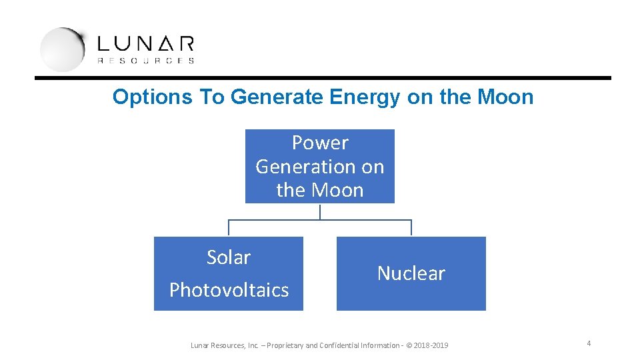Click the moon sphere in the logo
62,49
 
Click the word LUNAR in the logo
146,44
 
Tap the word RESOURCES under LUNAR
146,61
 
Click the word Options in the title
153,97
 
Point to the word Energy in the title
365,97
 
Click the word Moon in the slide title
505,97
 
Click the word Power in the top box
320,143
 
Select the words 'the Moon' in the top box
320,190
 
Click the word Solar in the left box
229,257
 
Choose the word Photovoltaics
229,290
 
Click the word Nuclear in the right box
411,273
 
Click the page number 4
589,343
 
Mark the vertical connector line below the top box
320,211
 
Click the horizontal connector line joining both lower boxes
320,220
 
